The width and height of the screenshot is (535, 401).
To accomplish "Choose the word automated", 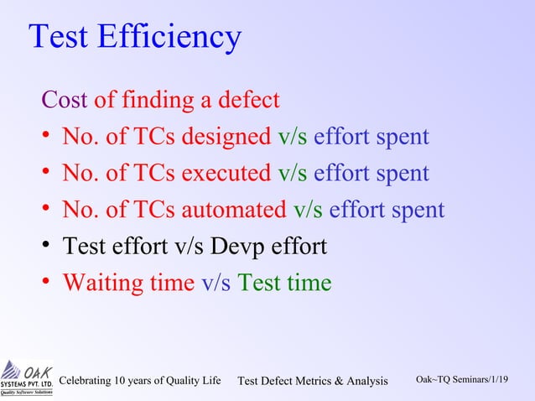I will pos(234,210).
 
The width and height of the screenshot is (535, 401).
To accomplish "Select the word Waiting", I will pos(104,283).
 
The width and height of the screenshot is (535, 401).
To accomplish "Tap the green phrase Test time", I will pos(285,283).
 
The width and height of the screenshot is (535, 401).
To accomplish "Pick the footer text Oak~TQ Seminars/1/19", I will pos(462,380).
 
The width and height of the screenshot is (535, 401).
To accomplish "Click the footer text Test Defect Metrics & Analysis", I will pos(313,382).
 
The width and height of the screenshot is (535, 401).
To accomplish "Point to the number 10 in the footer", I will pos(126,382).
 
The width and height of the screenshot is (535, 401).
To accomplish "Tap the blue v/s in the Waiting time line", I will pos(216,283).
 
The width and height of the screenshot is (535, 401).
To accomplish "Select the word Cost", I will pos(65,101).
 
